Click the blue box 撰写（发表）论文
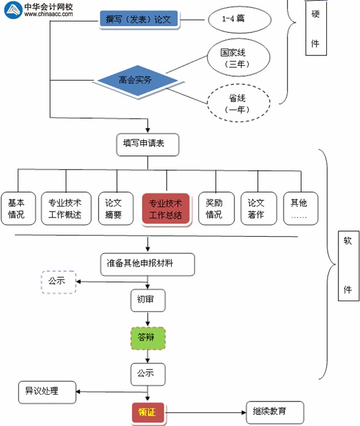point(139,20)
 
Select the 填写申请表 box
point(147,144)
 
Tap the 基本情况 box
point(17,208)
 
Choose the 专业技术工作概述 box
point(65,208)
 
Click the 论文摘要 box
point(114,208)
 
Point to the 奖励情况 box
point(214,208)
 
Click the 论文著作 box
point(256,208)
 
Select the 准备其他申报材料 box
point(147,264)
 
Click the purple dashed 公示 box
point(58,282)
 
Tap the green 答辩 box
point(147,337)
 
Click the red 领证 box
point(148,412)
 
